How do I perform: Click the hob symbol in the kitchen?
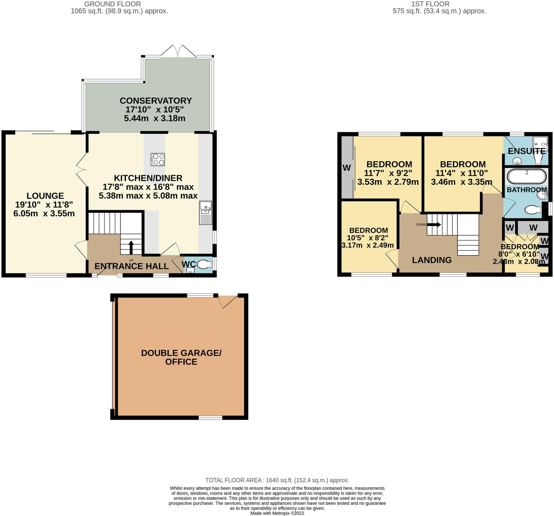pyautogui.click(x=158, y=160)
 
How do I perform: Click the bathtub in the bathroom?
pyautogui.click(x=526, y=176)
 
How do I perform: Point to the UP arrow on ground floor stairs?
pyautogui.click(x=131, y=247)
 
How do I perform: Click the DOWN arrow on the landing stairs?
pyautogui.click(x=434, y=225)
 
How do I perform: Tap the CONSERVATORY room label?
pyautogui.click(x=155, y=101)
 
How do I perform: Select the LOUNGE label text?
pyautogui.click(x=45, y=196)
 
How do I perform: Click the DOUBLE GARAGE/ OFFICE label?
pyautogui.click(x=181, y=357)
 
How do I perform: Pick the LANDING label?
pyautogui.click(x=432, y=260)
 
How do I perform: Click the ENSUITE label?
pyautogui.click(x=526, y=151)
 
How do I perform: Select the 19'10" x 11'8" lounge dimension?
pyautogui.click(x=44, y=205)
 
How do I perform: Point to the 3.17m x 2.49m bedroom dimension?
pyautogui.click(x=367, y=245)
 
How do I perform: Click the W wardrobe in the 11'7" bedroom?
pyautogui.click(x=346, y=168)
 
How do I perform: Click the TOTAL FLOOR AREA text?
pyautogui.click(x=277, y=480)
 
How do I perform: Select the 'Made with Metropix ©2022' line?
pyautogui.click(x=277, y=513)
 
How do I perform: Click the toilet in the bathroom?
pyautogui.click(x=532, y=210)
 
